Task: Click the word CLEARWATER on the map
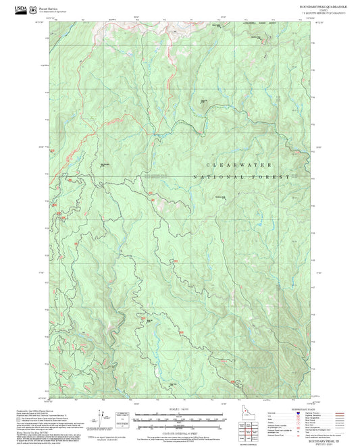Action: [239, 165]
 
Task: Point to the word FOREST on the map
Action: [272, 176]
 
